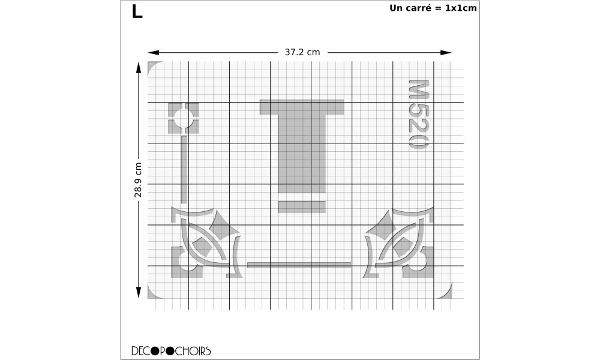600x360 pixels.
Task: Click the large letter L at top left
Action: tap(137, 11)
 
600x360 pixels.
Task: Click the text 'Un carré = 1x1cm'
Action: tap(433, 8)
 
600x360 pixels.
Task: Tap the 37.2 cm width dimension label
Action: tap(302, 52)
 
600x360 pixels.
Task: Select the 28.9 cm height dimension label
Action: tap(138, 180)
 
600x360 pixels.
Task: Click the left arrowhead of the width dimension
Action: tap(154, 52)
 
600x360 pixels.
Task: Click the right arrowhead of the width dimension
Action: tap(446, 52)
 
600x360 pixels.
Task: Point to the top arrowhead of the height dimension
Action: tap(139, 68)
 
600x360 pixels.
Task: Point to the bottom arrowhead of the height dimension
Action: tap(139, 292)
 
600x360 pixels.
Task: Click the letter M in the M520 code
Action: tap(419, 89)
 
